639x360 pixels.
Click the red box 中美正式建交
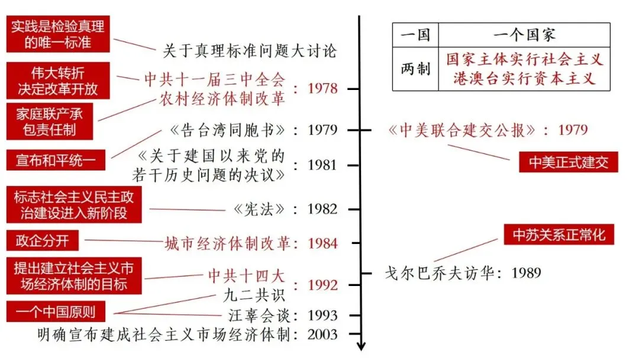tap(568, 162)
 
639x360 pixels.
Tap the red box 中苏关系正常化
tap(559, 234)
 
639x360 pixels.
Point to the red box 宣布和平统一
tap(55, 160)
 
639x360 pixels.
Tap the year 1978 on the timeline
tap(323, 89)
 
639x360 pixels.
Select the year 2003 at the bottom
tap(322, 335)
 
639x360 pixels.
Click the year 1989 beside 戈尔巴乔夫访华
tap(526, 273)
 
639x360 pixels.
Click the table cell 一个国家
tap(524, 34)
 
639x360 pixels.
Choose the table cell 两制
tap(415, 69)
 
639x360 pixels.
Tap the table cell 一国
tap(415, 34)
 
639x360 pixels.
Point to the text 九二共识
tap(254, 294)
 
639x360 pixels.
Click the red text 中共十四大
tap(246, 275)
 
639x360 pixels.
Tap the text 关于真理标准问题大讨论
tap(249, 51)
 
